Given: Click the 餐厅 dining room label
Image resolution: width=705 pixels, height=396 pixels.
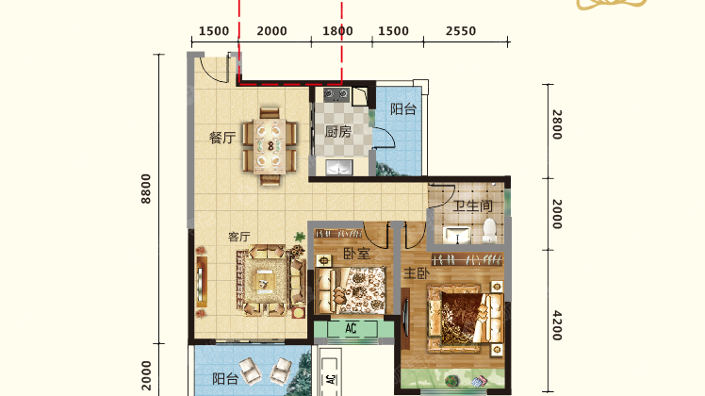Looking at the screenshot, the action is point(222,138).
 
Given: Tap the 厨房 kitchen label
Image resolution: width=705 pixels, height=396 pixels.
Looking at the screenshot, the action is point(338,132).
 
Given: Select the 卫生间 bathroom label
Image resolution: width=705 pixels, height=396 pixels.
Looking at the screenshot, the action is point(472,206).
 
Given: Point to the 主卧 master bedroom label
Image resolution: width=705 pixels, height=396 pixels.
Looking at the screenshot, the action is point(417,272).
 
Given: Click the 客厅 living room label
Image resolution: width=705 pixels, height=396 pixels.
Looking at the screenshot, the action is point(238,237).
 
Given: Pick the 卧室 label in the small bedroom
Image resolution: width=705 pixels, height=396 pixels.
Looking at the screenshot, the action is point(356,254).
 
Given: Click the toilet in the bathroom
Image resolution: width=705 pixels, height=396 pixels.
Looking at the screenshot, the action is point(489,230).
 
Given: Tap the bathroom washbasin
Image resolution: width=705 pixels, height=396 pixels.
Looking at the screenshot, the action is point(457,235).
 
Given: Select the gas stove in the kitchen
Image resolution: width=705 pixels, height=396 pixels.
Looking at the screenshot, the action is point(336,94).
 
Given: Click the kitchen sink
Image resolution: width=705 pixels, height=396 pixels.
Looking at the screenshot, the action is point(340,167).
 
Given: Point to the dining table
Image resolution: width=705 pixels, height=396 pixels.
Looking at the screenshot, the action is point(271,146).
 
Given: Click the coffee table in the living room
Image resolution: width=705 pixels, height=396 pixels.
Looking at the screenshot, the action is point(264,282).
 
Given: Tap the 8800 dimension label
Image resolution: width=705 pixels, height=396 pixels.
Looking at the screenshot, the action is point(146,189).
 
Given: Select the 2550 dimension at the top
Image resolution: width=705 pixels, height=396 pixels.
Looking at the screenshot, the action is point(461,31).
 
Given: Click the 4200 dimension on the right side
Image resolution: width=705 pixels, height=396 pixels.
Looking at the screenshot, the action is point(557,325).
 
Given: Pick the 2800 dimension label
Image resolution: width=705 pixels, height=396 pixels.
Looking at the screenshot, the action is point(557,124).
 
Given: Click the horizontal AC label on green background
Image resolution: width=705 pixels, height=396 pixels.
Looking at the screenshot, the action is point(352,328).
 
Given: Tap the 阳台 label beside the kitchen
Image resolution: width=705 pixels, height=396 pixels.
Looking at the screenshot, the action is point(403,109).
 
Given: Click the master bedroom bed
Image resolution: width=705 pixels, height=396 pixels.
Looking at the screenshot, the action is point(467,318).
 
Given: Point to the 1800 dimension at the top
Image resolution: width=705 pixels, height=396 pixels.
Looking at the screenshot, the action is point(337,31).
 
